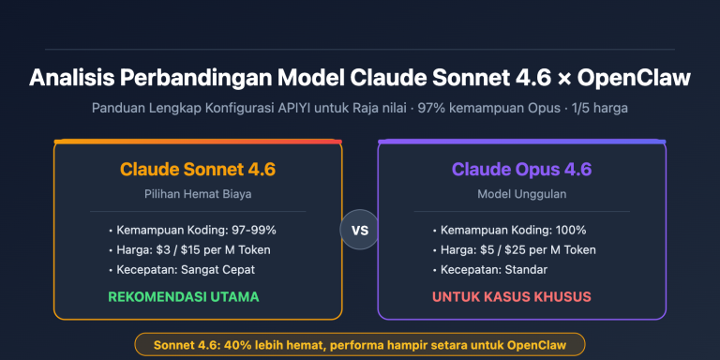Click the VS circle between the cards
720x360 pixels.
(358, 230)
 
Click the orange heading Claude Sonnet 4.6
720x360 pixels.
(197, 170)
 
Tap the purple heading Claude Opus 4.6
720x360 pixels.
(521, 170)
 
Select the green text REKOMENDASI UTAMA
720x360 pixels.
(184, 297)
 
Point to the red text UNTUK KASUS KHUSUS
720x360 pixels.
(511, 297)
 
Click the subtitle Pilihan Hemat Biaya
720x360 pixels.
(197, 194)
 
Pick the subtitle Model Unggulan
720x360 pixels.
(521, 194)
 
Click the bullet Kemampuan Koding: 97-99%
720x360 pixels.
(192, 230)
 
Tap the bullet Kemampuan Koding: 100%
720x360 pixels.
(509, 230)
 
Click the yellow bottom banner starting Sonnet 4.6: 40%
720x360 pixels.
(359, 344)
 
